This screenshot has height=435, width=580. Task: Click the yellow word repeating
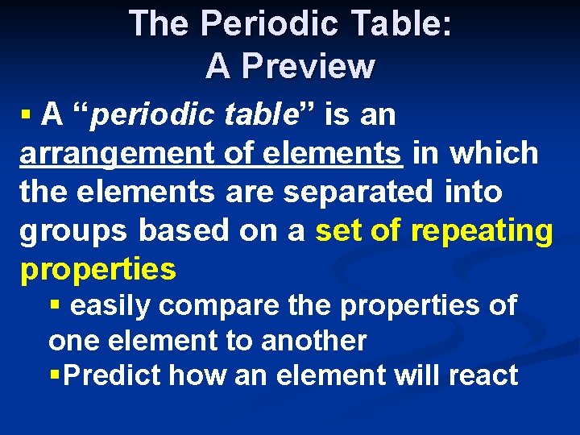482,232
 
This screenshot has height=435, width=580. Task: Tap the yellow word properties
97,270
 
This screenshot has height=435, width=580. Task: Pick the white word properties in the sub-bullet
412,306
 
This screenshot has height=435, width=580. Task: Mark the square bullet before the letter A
27,115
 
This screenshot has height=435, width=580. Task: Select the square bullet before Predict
55,375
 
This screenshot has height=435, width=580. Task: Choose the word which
494,153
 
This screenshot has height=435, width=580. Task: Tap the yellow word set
336,232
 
